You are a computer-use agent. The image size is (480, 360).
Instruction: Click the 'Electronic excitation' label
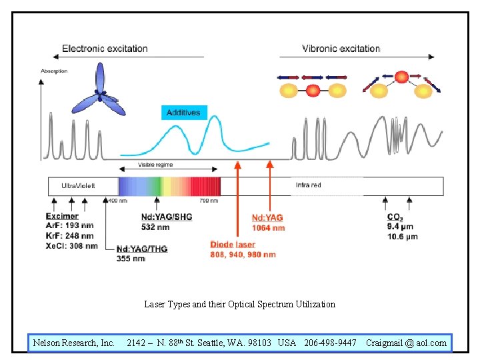coord(105,49)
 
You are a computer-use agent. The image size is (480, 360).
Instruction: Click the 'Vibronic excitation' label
coord(341,49)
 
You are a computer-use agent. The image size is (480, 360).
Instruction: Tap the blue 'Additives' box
coord(183,113)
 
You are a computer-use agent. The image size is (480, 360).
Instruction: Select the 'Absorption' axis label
coord(54,71)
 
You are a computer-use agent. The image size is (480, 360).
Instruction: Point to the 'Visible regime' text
coord(154,165)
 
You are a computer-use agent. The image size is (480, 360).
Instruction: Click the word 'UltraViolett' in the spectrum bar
coord(79,185)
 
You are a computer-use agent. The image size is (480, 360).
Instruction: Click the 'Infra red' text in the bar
coord(308,185)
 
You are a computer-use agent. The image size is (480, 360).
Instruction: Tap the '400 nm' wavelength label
coord(117,201)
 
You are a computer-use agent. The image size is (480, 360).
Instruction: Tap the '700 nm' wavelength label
coord(209,201)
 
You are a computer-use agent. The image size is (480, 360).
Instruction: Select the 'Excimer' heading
coord(62,216)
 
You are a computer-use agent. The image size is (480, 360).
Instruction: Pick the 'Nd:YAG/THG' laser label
coord(142,249)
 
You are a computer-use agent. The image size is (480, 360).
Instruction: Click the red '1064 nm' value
coord(268,228)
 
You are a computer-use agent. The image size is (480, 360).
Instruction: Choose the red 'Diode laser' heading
coord(233,245)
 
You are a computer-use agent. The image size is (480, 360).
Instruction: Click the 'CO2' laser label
coord(394,217)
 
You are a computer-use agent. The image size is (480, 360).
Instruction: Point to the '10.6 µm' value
coord(402,236)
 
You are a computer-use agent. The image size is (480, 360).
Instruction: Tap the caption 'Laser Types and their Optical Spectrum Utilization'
coord(240,304)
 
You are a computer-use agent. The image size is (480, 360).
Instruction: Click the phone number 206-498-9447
coord(330,343)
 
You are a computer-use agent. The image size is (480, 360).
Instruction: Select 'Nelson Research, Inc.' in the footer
coord(73,343)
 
